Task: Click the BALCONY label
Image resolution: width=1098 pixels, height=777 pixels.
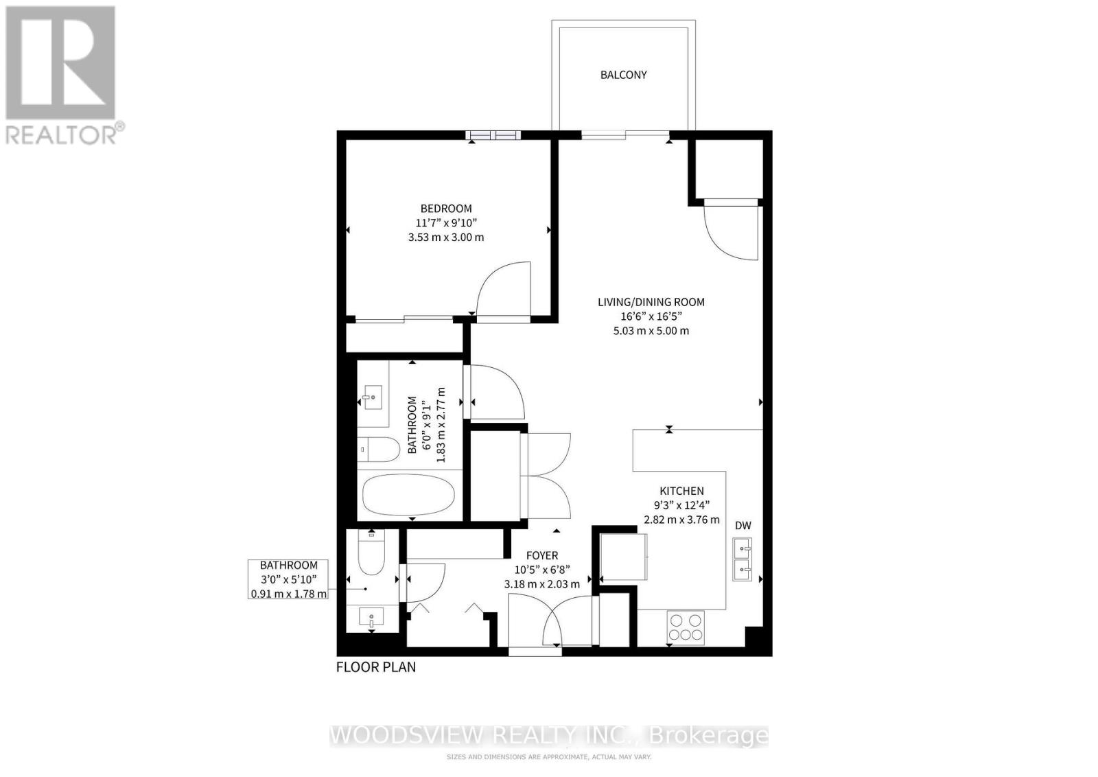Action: pos(623,75)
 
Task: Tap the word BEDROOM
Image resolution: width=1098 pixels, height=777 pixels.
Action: pos(446,209)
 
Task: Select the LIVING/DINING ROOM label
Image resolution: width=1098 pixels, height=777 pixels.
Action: pos(651,302)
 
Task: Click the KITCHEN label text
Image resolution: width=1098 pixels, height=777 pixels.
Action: pos(681,491)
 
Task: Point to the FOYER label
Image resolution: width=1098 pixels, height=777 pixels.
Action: pos(541,555)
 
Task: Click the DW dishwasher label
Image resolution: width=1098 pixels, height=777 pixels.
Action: pos(743,526)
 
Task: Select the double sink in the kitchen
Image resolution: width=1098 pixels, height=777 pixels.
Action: pos(742,559)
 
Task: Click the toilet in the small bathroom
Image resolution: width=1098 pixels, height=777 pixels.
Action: pos(371,552)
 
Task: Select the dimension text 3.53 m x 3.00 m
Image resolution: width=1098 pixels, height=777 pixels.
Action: pos(446,237)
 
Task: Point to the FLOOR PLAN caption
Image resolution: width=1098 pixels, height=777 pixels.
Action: pos(375,666)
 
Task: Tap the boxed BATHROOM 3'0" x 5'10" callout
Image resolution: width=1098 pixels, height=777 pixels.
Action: pos(288,579)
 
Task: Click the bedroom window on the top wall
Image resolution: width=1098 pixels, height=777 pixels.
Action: pos(491,135)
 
